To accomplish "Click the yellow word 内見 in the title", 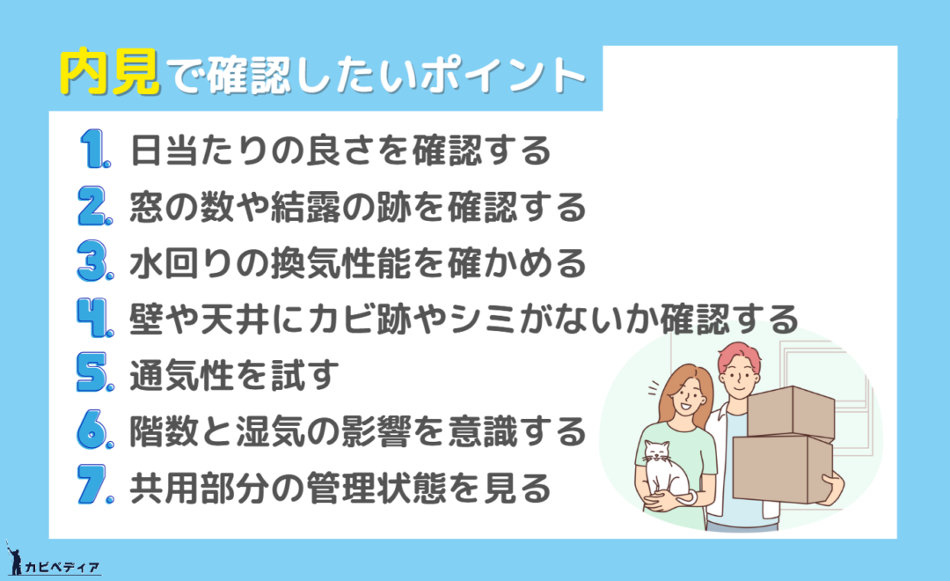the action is click(x=110, y=73).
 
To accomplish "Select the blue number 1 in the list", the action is click(x=95, y=149).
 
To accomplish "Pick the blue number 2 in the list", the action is click(x=95, y=206).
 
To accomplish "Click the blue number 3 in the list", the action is click(x=95, y=261).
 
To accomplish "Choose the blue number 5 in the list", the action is click(x=95, y=373).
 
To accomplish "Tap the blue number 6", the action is click(x=95, y=430).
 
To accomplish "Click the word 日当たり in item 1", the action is click(x=182, y=151).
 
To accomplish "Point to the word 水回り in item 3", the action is click(x=182, y=263).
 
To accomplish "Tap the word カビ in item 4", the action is click(x=340, y=319).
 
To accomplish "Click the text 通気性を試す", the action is click(x=235, y=375).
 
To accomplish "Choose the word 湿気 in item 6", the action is click(x=270, y=431).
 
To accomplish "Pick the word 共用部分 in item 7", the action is click(x=200, y=487).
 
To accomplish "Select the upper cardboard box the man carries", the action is click(x=791, y=414).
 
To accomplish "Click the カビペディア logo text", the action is click(x=62, y=568).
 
